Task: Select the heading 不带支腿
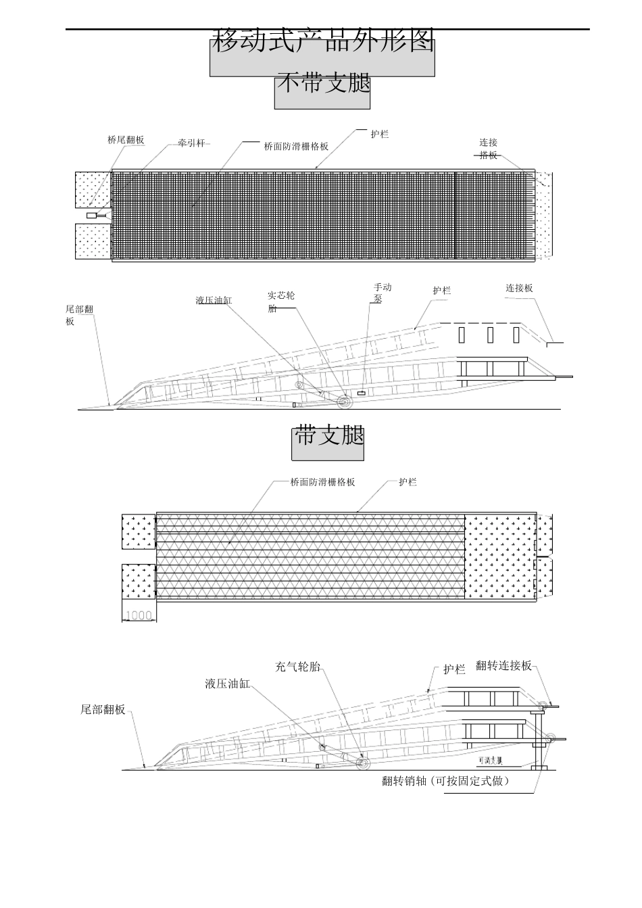point(323,84)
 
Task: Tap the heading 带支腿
point(329,436)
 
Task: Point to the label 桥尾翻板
point(126,140)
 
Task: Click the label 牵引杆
point(191,143)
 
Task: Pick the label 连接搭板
point(489,149)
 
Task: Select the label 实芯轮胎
point(280,302)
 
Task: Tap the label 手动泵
point(382,293)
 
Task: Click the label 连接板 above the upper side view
point(519,288)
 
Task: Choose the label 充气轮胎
point(297,667)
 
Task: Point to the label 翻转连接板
point(503,665)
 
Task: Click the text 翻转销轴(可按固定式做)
point(445,781)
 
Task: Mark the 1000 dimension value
point(139,615)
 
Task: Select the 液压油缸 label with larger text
point(227,684)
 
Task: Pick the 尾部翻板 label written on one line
point(103,709)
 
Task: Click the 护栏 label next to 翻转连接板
point(454,670)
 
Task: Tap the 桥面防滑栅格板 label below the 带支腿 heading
point(322,482)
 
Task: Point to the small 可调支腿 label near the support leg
point(489,760)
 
